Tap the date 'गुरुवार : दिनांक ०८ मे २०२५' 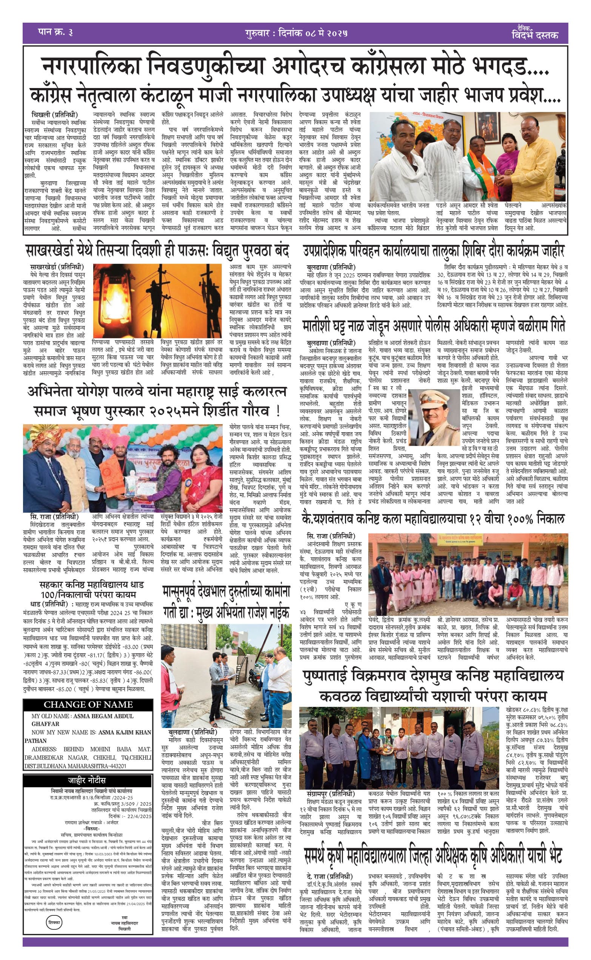(x=296, y=33)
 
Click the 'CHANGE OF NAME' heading (x=88, y=705)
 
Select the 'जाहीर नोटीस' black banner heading (x=87, y=780)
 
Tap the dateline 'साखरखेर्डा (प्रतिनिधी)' (x=57, y=267)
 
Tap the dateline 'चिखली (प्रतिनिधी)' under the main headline (x=55, y=115)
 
